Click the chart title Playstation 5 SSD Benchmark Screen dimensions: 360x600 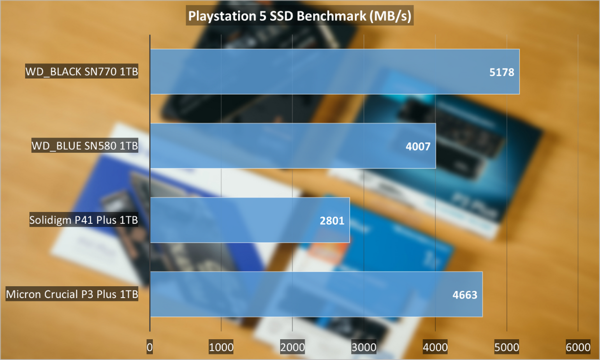tap(299, 16)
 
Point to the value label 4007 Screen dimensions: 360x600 tap(417, 146)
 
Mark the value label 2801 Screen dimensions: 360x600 tap(331, 220)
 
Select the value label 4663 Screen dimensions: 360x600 tap(464, 294)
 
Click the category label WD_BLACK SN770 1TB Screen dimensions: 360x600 tap(81, 72)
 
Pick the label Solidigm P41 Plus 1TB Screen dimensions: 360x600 tap(83, 220)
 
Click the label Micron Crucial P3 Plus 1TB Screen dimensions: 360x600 tap(71, 294)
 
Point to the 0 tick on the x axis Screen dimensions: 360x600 tap(150, 346)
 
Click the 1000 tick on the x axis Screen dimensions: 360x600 tap(221, 346)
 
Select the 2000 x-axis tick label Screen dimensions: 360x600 tap(292, 346)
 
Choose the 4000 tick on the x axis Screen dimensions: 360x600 tap(435, 346)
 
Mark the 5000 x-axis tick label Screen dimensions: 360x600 tap(506, 346)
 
